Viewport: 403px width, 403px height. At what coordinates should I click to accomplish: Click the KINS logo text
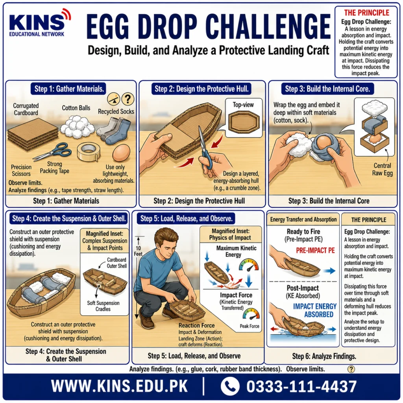click(x=37, y=22)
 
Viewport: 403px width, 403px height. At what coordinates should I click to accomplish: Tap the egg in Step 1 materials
click(x=121, y=153)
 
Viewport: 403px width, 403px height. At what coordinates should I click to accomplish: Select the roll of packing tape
click(x=89, y=151)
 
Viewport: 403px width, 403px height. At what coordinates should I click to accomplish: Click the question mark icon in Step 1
click(x=128, y=99)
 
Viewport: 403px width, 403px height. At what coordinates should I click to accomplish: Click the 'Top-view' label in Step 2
click(x=243, y=105)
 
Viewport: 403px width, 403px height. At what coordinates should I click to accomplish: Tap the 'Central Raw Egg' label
click(x=383, y=169)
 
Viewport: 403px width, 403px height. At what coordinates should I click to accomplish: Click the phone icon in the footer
click(x=230, y=386)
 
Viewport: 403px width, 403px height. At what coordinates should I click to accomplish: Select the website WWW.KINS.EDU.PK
click(x=119, y=386)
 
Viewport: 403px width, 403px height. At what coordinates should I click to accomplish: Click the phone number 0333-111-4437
click(x=301, y=386)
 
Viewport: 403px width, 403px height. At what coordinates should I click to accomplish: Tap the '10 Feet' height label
click(x=138, y=251)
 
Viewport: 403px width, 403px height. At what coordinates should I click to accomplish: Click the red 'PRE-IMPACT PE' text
click(x=315, y=250)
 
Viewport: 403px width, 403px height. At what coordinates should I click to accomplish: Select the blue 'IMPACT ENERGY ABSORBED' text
click(x=315, y=310)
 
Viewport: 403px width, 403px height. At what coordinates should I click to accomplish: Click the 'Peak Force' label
click(x=249, y=326)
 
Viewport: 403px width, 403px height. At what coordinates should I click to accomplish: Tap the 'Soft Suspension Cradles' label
click(x=103, y=306)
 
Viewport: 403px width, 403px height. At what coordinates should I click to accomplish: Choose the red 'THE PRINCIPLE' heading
click(x=367, y=13)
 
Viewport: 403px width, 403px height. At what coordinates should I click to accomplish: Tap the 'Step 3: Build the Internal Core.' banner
click(x=327, y=89)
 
